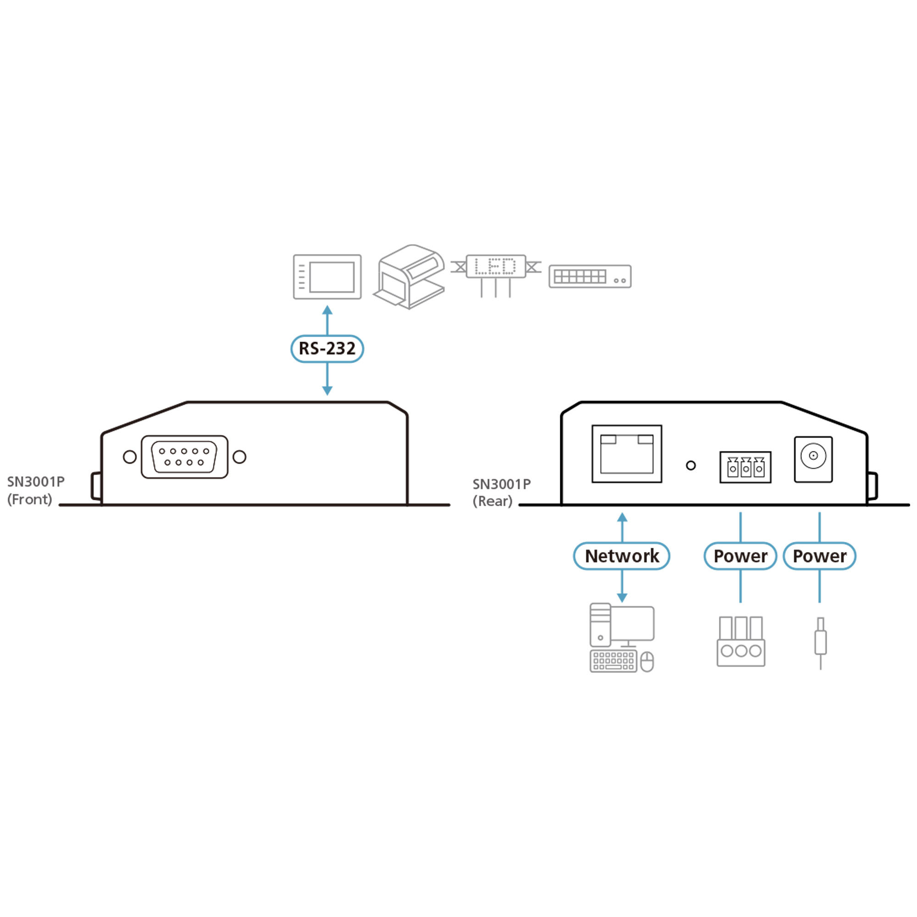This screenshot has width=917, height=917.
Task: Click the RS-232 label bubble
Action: point(327,349)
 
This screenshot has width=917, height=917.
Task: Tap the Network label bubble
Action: point(621,556)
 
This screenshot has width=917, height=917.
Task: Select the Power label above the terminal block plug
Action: point(740,556)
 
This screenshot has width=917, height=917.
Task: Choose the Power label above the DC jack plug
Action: point(819,556)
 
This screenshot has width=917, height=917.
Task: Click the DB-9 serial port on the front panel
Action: point(185,457)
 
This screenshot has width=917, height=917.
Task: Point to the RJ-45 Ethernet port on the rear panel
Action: point(626,454)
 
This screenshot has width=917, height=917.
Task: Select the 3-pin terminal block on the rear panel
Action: point(745,468)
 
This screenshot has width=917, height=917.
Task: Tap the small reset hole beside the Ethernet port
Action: point(691,466)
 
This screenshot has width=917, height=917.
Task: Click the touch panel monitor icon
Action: point(327,277)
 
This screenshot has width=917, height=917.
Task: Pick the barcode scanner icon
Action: point(410,277)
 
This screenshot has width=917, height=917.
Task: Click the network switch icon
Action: point(590,276)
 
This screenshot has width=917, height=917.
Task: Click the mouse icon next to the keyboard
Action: point(647,662)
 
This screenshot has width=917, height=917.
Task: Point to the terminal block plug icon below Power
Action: point(740,641)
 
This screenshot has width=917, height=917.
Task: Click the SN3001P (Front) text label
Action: point(36,490)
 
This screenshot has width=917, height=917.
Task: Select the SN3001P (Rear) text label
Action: point(501,492)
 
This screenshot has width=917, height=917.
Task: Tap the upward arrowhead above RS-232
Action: point(327,310)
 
